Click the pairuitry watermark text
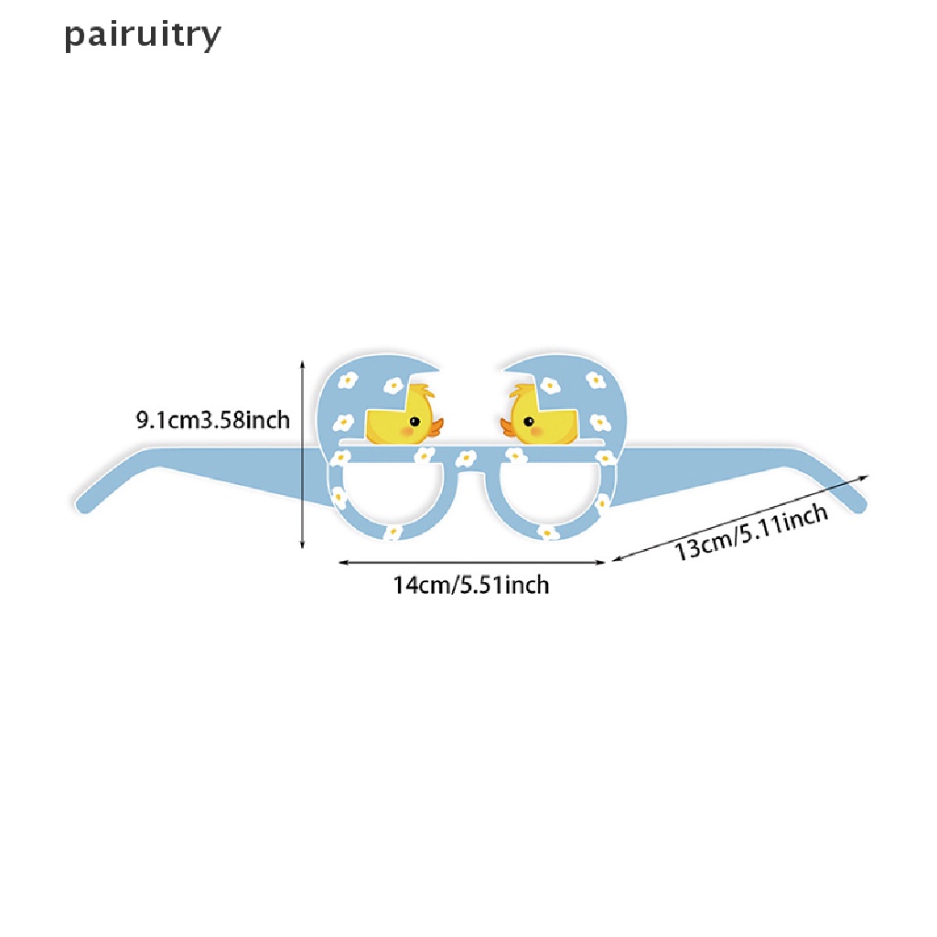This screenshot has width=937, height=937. [143, 35]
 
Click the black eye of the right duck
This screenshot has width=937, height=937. [528, 422]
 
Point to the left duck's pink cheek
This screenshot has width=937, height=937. [405, 430]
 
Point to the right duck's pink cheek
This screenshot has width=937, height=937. [538, 430]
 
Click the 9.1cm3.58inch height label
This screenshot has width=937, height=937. [212, 420]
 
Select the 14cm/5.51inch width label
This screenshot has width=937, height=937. [471, 584]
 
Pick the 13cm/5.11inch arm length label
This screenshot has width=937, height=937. [752, 533]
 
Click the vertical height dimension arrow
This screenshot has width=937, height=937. [302, 453]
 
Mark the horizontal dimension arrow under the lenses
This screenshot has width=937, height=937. [471, 563]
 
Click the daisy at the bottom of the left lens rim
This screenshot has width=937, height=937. [393, 531]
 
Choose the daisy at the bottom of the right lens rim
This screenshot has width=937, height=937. [547, 532]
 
